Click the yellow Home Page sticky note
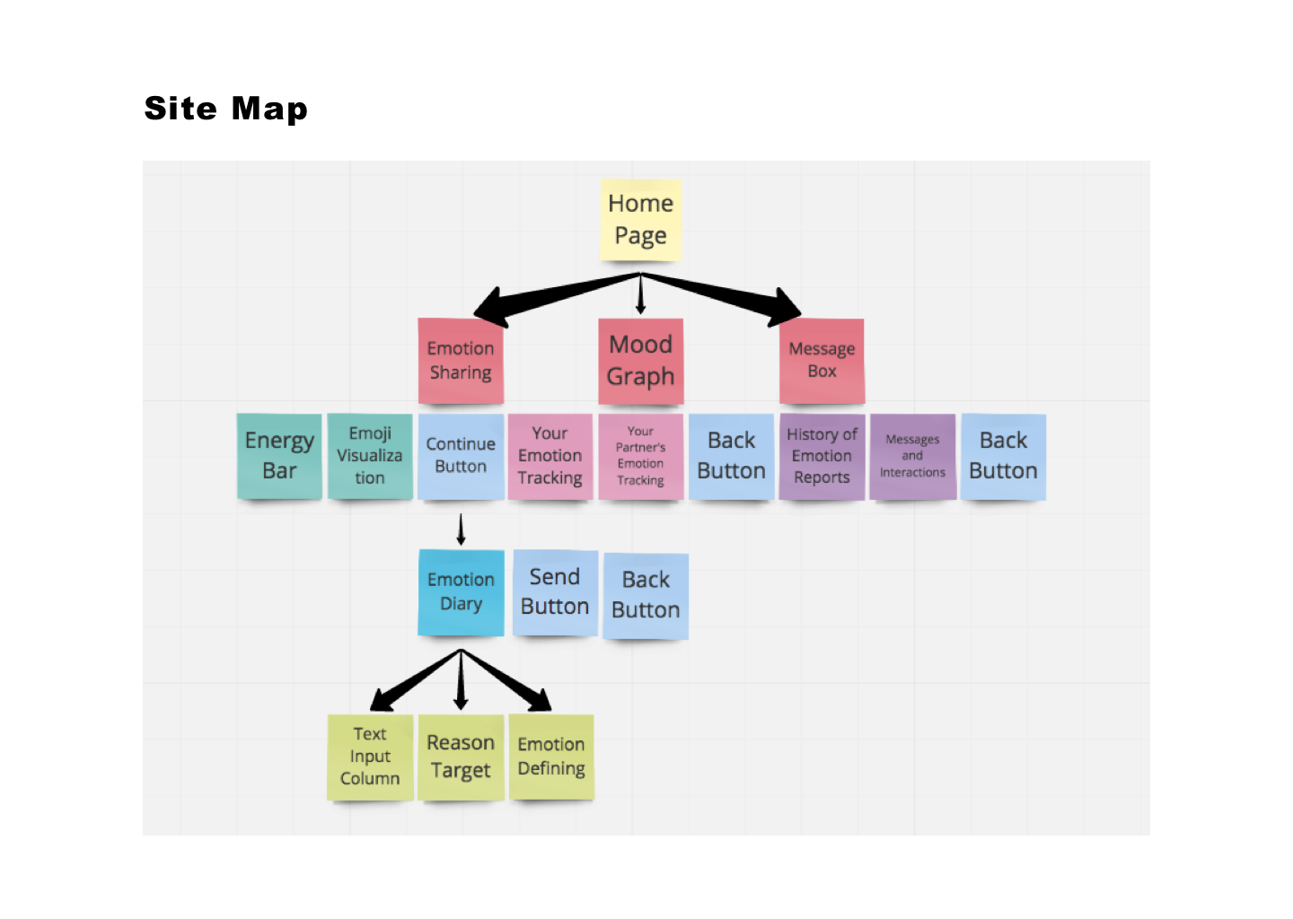pos(640,220)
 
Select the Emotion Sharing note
pos(461,361)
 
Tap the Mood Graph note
pos(640,361)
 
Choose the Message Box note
pos(822,361)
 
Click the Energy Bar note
pos(279,456)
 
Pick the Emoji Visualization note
pos(370,456)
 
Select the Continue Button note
pos(461,456)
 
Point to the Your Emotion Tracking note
pos(550,456)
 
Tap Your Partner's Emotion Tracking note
pos(640,456)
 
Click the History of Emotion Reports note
pos(822,456)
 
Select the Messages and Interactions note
pos(912,456)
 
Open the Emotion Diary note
pos(461,592)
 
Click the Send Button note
pos(555,592)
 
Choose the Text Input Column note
pos(370,757)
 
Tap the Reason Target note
pos(461,757)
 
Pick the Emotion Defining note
pos(551,757)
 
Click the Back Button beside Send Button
pos(646,595)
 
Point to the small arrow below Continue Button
pos(461,530)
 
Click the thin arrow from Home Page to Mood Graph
pos(640,295)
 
